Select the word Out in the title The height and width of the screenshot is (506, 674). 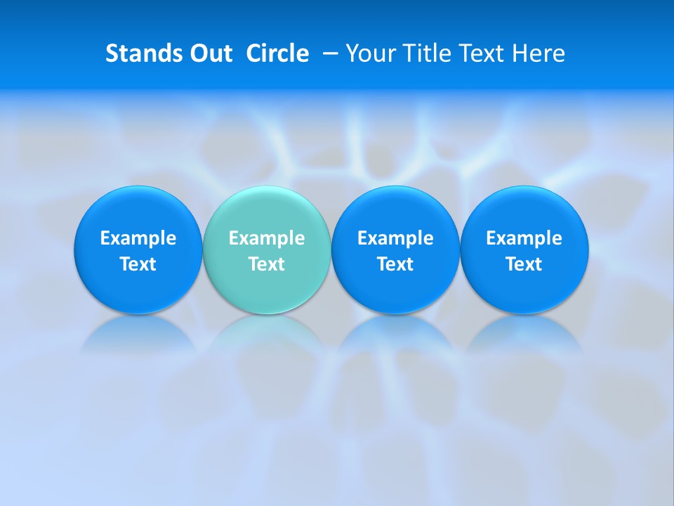(209, 53)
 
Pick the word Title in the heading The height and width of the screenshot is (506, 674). (424, 53)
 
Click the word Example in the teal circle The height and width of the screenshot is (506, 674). (267, 238)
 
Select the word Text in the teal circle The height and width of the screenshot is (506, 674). (267, 264)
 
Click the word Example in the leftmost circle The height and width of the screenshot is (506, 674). (138, 238)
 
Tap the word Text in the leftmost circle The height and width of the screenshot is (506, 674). (138, 264)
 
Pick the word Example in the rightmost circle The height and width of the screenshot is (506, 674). (524, 238)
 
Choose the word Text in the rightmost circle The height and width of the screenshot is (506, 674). (524, 264)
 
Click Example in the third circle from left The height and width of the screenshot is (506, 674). (395, 238)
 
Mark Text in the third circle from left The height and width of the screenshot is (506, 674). (395, 264)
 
